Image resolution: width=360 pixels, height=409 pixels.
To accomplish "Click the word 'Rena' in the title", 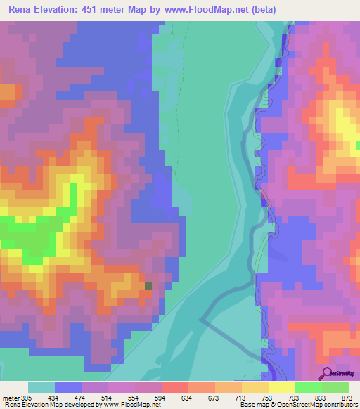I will pos(21,10).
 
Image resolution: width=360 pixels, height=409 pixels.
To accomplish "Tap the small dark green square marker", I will pos(148,285).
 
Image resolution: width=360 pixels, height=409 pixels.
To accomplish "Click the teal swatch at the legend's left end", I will pos(41,387).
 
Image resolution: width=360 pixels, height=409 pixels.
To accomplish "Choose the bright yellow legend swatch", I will pos(282,387).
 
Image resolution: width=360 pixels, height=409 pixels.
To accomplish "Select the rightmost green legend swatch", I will pos(335,387).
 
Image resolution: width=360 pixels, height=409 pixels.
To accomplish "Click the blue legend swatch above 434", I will pos(68,387).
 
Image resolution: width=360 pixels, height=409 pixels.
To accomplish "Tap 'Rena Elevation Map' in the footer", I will pos(28,405).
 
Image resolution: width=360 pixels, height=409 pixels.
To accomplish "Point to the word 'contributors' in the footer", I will pos(340,405).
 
